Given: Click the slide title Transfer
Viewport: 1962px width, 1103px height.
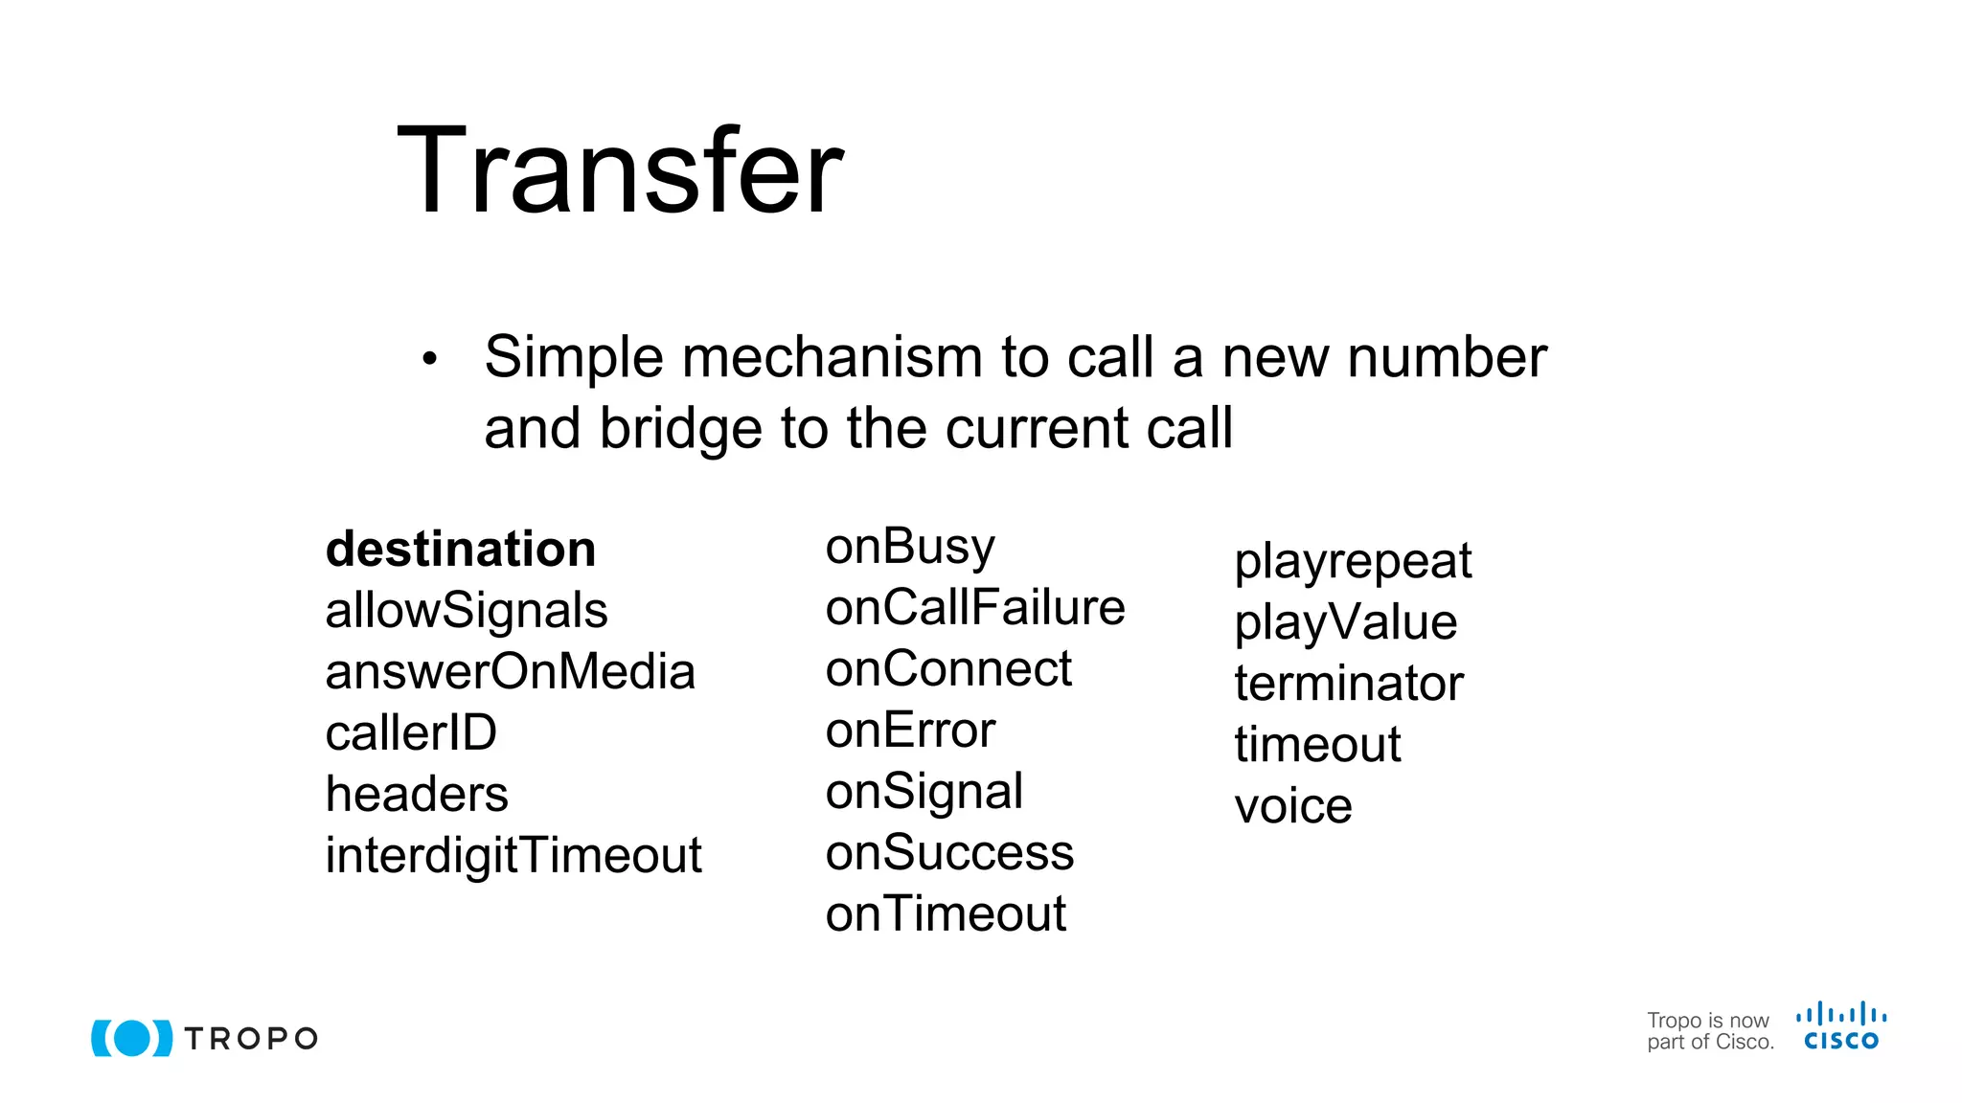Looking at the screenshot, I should [x=620, y=172].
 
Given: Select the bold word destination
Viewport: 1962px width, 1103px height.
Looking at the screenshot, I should [x=461, y=550].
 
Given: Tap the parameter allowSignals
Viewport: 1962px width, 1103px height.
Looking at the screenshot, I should [x=467, y=611].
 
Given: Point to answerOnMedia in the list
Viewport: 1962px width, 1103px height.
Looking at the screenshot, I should [x=510, y=672].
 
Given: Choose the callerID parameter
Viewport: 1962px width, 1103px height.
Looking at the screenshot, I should [x=411, y=733].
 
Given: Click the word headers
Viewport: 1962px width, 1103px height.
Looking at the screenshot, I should [x=417, y=795].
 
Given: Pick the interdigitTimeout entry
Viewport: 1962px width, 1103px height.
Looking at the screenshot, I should [x=513, y=855].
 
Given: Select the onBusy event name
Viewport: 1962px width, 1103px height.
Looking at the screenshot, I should [x=910, y=548].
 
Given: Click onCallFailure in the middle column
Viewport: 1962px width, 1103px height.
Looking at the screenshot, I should [x=975, y=608].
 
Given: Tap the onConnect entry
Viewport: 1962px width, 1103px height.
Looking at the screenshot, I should [x=948, y=669].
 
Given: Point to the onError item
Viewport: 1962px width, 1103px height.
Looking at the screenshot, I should [x=910, y=731].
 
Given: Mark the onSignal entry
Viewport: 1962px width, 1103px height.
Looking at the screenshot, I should [x=924, y=793].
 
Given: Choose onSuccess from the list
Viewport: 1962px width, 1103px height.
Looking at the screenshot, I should [x=949, y=853].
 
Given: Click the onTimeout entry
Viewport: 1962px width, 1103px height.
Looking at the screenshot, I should [x=946, y=914].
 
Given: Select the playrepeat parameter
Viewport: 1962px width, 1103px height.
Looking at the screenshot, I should [x=1353, y=562].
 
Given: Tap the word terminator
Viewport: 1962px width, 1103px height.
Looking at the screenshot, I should [x=1349, y=684].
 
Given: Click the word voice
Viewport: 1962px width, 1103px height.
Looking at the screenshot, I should [x=1293, y=806].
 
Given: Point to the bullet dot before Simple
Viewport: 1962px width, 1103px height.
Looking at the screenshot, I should [x=429, y=359].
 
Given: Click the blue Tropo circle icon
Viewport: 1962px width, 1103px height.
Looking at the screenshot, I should [x=132, y=1038].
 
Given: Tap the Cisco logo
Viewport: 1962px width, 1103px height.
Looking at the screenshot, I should [x=1841, y=1026].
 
